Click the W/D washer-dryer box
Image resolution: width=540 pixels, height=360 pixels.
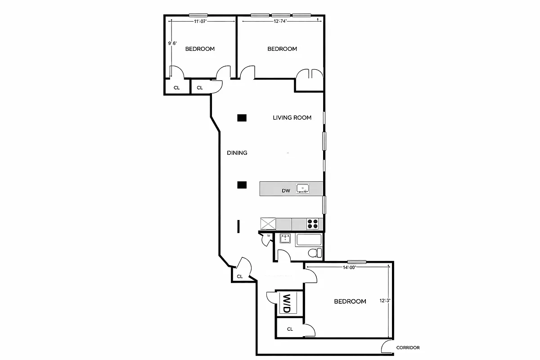click(x=286, y=303)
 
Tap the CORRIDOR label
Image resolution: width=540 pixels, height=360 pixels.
click(x=408, y=348)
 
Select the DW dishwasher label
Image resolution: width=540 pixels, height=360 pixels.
click(x=285, y=191)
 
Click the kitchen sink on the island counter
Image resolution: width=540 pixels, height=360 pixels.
click(x=302, y=188)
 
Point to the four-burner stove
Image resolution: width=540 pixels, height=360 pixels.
click(x=313, y=223)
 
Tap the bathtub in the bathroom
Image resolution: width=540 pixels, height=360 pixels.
click(x=309, y=240)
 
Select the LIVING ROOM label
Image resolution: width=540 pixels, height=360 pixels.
click(x=292, y=118)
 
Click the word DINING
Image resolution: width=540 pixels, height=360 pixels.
click(x=237, y=153)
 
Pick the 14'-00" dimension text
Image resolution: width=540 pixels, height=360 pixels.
click(x=349, y=267)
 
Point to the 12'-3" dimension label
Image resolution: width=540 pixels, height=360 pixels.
click(x=385, y=301)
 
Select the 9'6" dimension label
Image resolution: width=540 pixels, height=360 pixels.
click(x=172, y=43)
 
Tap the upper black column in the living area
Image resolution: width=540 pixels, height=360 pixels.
click(x=242, y=118)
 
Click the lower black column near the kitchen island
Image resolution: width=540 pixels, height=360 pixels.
click(x=242, y=184)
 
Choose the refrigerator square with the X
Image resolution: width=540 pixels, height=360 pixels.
click(x=268, y=223)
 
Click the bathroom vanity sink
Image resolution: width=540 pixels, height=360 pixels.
click(x=285, y=238)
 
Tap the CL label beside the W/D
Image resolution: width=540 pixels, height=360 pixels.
click(x=290, y=329)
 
